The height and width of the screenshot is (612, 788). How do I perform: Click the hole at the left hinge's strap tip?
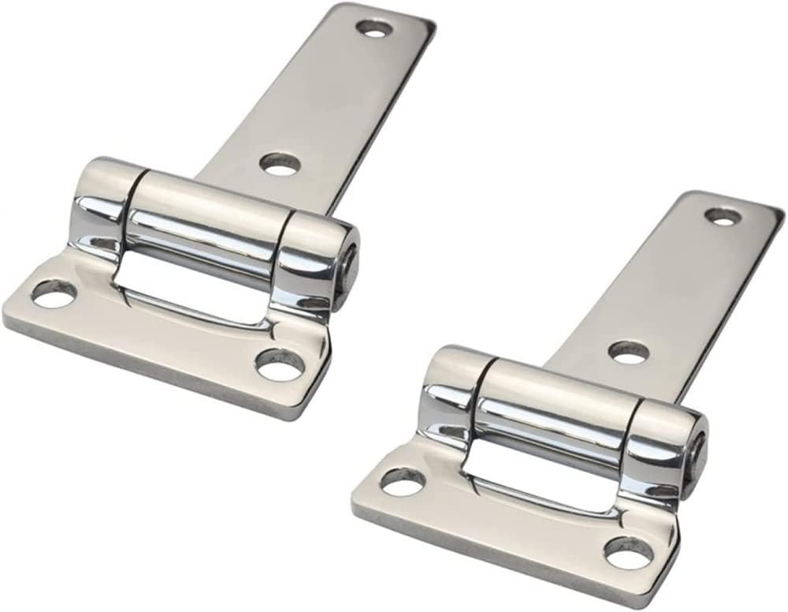[x=376, y=29]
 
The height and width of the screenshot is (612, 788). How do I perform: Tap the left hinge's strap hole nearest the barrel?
[x=281, y=164]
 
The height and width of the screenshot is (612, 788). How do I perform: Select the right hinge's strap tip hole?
[x=723, y=215]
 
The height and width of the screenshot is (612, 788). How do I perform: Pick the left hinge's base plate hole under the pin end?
[x=281, y=364]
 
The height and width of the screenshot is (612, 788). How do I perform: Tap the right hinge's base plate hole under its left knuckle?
[x=403, y=480]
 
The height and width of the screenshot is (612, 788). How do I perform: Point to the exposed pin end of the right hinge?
[x=697, y=453]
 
